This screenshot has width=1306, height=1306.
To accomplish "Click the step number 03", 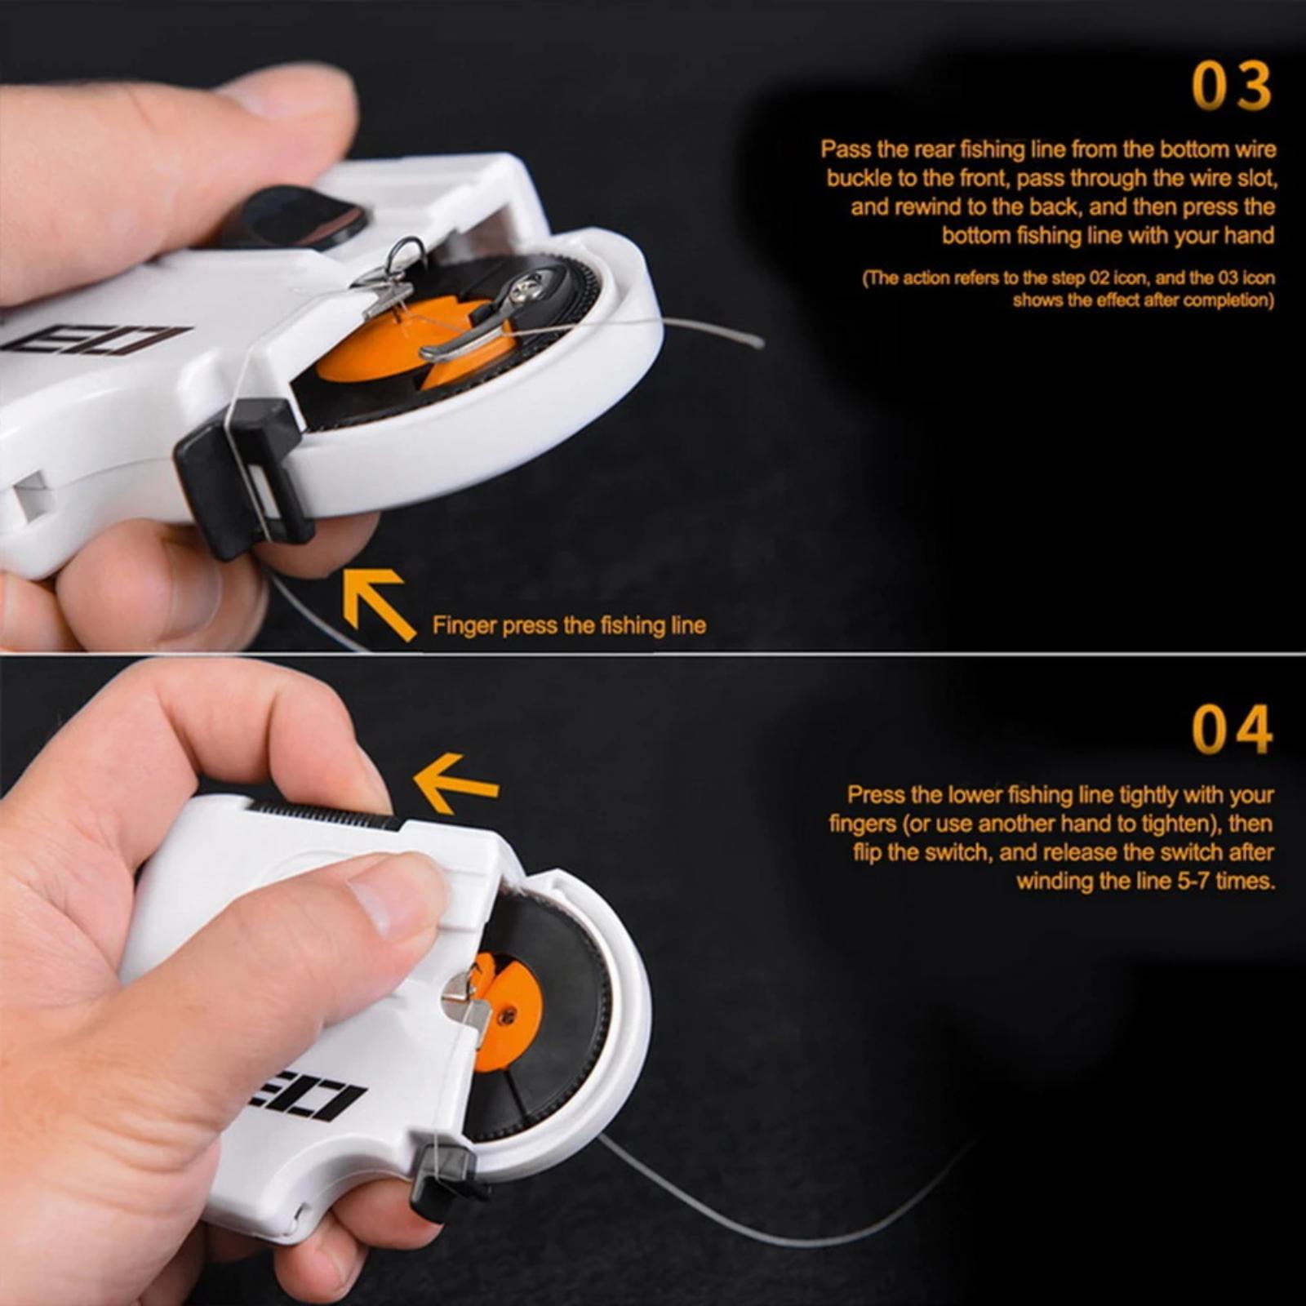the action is tap(1232, 86).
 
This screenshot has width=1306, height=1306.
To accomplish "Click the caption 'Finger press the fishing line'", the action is tap(569, 626).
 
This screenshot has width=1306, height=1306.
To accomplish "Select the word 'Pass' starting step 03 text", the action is tap(846, 149).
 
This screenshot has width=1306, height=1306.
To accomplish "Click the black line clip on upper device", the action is tap(243, 476).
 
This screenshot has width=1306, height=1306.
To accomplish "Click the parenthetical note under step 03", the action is tap(1068, 289).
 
